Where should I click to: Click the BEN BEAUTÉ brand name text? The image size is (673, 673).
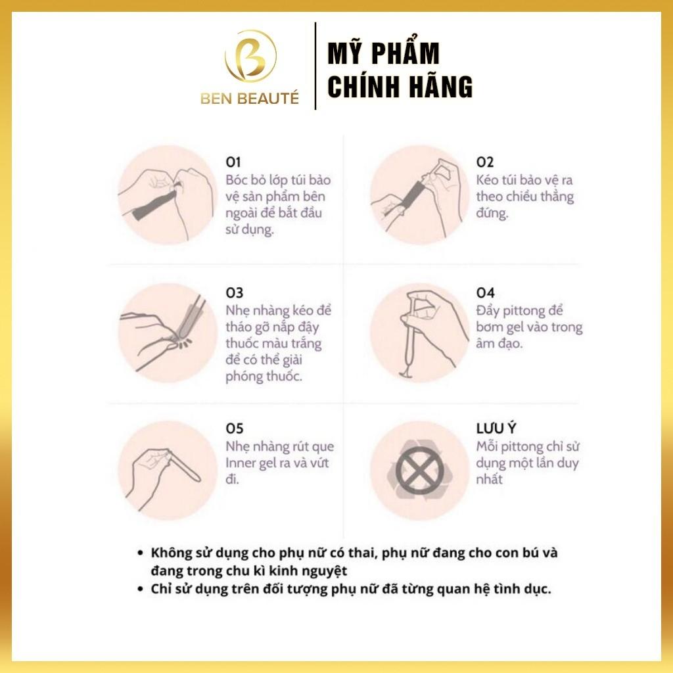[250, 99]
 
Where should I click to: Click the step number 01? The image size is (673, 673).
[233, 162]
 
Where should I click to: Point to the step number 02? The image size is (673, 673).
[484, 162]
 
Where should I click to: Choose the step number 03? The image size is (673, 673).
[234, 293]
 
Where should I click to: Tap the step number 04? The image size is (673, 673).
[485, 293]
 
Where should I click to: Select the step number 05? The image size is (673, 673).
[234, 429]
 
